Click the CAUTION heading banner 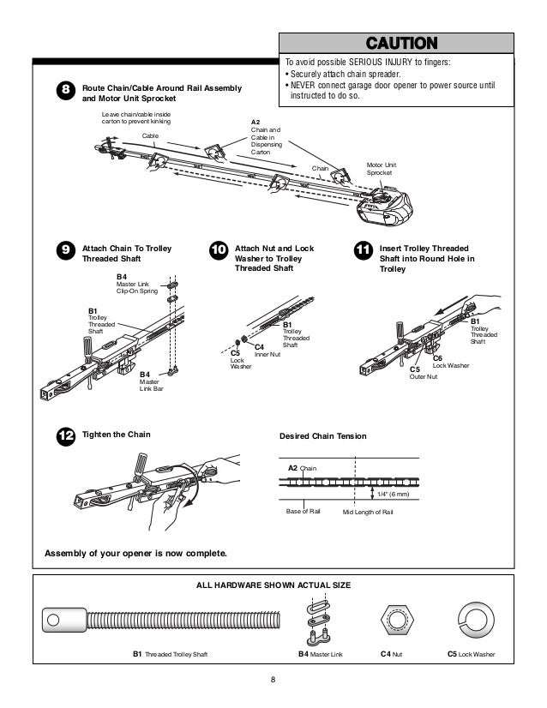pyautogui.click(x=401, y=43)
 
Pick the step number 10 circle pyautogui.click(x=218, y=250)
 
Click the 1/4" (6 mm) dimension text pyautogui.click(x=394, y=494)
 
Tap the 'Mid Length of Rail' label pyautogui.click(x=367, y=512)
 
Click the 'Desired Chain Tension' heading pyautogui.click(x=323, y=436)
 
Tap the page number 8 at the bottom pyautogui.click(x=273, y=681)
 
